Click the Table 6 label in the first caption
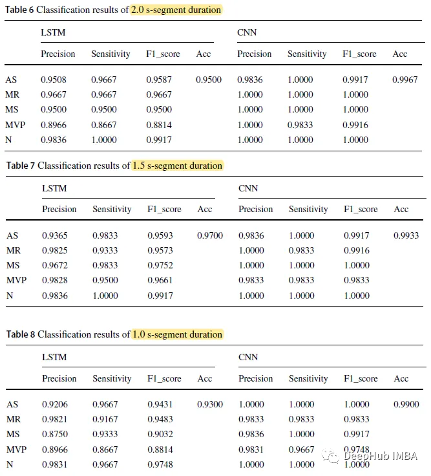[19, 10]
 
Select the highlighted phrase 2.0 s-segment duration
[176, 10]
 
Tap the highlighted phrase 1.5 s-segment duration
[177, 166]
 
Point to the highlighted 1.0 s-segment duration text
[177, 334]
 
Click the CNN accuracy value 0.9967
[405, 80]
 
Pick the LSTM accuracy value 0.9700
[210, 235]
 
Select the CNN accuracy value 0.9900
[406, 404]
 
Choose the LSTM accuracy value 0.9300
[210, 404]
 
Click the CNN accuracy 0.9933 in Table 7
[406, 235]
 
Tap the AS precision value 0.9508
[54, 80]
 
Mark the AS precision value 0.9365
[55, 235]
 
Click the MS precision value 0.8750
[55, 435]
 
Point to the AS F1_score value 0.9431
[160, 404]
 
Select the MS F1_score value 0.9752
[160, 265]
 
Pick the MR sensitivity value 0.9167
[105, 419]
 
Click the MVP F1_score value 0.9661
[160, 280]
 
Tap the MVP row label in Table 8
[16, 449]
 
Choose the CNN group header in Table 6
[247, 32]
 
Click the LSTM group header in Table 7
[54, 188]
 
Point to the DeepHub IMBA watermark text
[381, 456]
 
